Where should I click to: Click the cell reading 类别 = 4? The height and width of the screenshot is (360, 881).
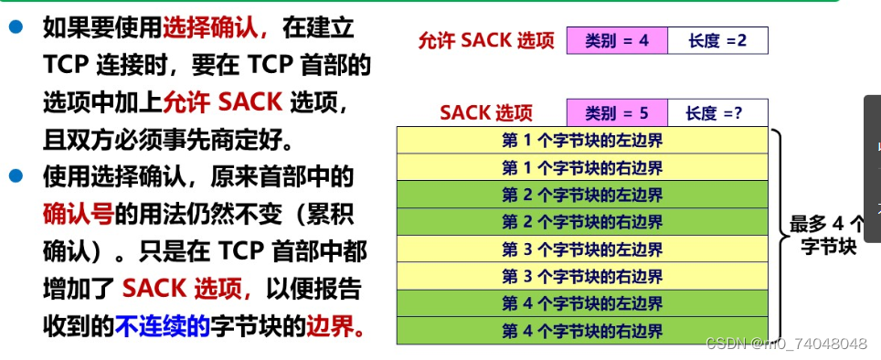(617, 41)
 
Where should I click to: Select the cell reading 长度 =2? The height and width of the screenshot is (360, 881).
(717, 41)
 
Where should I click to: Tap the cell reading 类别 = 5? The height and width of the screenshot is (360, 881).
(617, 113)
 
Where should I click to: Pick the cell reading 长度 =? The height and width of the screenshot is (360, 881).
(717, 113)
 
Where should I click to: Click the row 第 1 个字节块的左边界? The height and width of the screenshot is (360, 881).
(582, 141)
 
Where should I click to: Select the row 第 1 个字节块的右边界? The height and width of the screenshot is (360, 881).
(582, 168)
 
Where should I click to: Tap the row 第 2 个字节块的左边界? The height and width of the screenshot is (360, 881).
(582, 196)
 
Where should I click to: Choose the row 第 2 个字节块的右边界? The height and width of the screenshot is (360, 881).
(582, 222)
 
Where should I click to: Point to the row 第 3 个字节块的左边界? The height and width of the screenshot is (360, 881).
(582, 249)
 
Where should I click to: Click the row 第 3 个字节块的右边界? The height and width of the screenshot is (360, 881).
(582, 276)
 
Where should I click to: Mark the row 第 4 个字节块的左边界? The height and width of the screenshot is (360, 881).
(582, 303)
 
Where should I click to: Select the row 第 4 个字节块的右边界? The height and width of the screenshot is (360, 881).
(582, 331)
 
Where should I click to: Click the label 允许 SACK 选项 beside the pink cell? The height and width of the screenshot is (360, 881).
(485, 41)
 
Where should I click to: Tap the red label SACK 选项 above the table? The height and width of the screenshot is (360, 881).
(485, 113)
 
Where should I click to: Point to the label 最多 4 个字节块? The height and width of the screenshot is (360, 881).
(826, 235)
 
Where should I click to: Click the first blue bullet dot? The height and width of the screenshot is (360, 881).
(16, 27)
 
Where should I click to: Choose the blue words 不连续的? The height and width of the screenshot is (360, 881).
(163, 325)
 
